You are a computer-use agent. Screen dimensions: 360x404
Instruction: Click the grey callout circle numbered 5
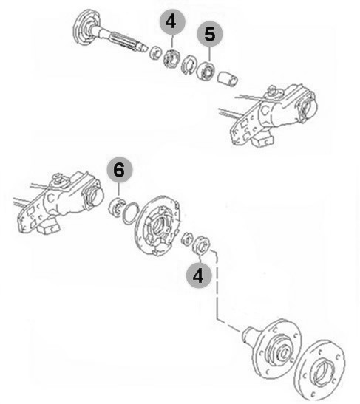point(210,34)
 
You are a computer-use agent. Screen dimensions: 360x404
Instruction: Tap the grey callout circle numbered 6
point(120,171)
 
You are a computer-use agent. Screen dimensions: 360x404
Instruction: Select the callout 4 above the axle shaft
point(171,21)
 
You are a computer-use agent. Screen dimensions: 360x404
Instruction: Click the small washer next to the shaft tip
point(155,52)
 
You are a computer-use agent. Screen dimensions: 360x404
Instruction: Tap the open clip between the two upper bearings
point(189,66)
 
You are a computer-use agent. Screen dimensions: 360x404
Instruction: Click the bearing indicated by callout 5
point(205,70)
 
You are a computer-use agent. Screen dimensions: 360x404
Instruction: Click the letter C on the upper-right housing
point(265,110)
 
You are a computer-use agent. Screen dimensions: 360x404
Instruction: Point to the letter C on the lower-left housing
point(51,198)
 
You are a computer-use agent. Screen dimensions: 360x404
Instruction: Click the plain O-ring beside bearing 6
point(131,213)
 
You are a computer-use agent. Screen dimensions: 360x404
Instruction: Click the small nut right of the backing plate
point(187,239)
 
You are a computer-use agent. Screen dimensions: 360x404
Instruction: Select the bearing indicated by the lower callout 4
point(202,244)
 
